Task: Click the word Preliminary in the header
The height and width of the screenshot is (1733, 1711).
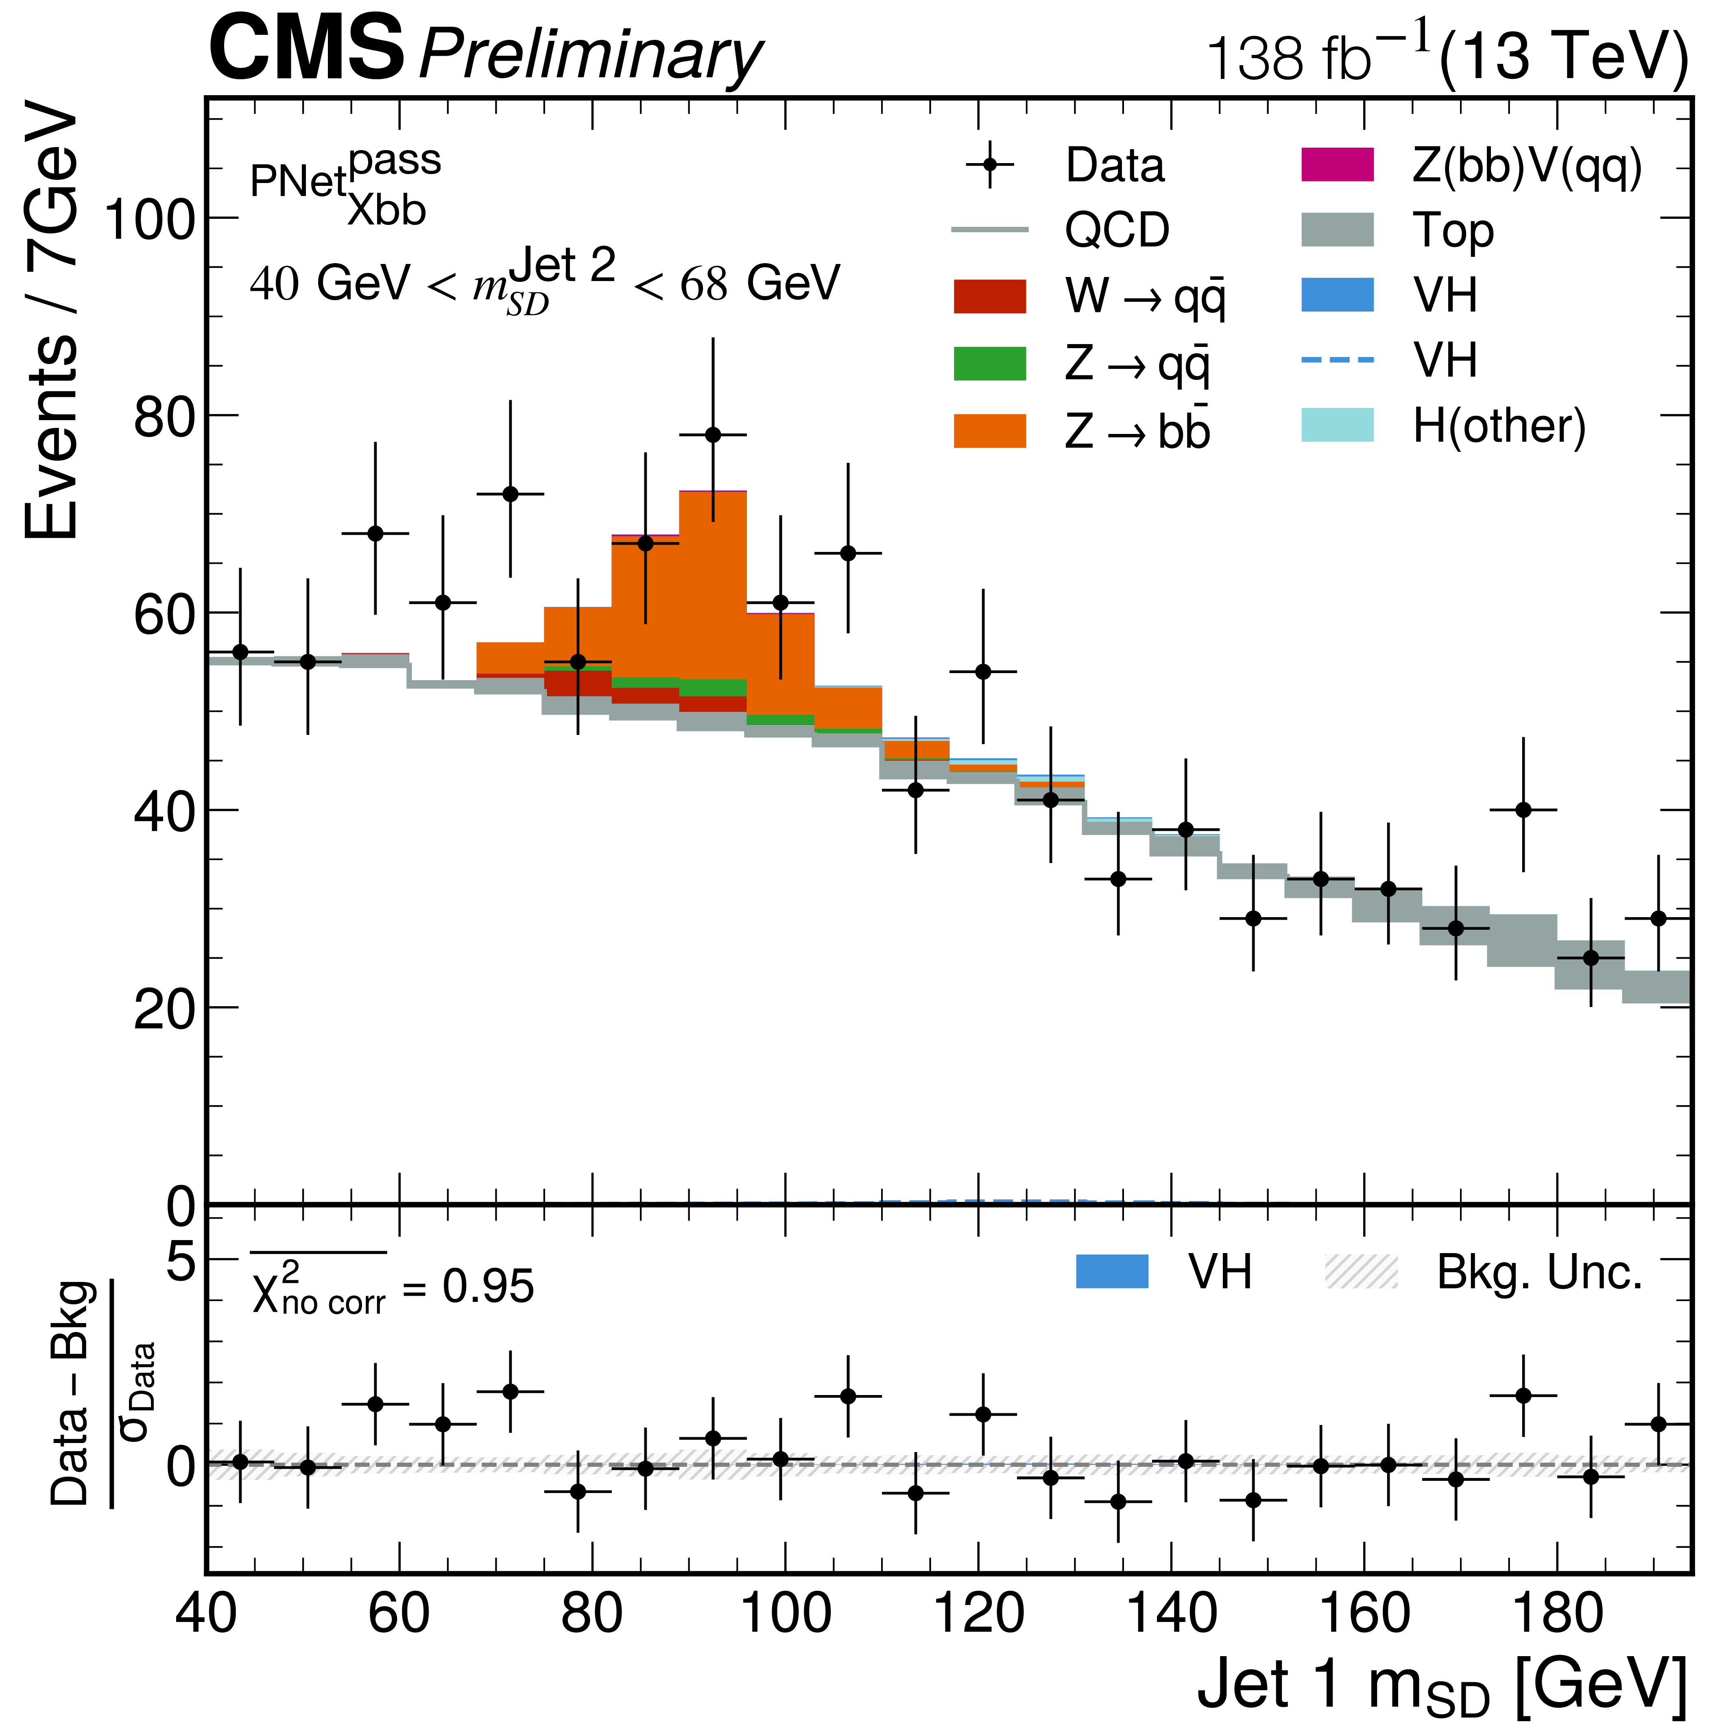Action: [x=590, y=56]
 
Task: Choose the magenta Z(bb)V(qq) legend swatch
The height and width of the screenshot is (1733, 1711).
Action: [x=1337, y=165]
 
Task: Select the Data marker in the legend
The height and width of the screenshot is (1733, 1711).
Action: [x=990, y=165]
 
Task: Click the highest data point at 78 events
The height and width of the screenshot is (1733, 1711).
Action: [x=712, y=435]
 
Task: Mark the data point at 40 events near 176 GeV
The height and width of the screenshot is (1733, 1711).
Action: [x=1523, y=810]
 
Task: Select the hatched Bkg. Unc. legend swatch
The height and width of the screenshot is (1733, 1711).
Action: [x=1361, y=1272]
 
